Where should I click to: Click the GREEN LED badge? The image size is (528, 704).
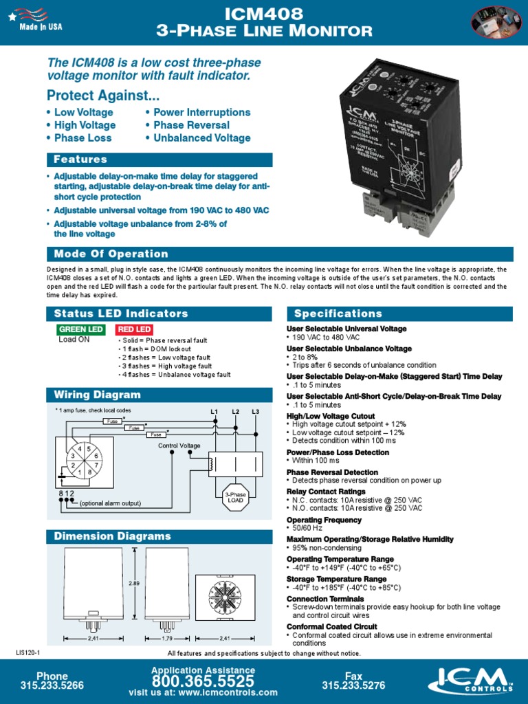[x=81, y=329]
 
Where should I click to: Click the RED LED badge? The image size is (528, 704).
[x=134, y=329]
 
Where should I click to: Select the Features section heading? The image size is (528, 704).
[x=81, y=159]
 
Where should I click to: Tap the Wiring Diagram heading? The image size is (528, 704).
[x=98, y=395]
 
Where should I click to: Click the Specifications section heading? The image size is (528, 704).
[x=338, y=313]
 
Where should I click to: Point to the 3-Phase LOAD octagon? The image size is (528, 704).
[x=236, y=497]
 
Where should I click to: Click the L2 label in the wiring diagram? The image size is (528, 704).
[x=235, y=412]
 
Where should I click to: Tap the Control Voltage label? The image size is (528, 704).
[x=179, y=445]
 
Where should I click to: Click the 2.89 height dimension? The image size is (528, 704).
[x=133, y=583]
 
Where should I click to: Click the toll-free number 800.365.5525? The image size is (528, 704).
[x=203, y=681]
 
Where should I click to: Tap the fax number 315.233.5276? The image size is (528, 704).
[x=353, y=685]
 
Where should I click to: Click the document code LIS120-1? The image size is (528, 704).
[x=29, y=652]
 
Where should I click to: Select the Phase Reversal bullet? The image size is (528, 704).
[x=191, y=125]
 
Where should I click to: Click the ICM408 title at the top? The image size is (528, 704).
[x=264, y=14]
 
